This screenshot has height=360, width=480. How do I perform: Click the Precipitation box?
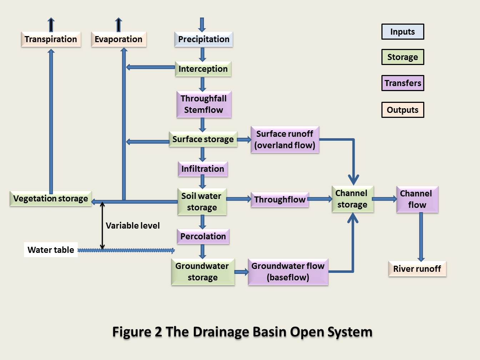pos(204,39)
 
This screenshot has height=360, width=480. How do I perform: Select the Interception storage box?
pos(203,69)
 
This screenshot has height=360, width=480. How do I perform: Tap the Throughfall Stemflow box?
pos(204,104)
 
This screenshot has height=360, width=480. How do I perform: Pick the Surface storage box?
pos(203,139)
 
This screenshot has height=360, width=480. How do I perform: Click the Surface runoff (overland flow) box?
pos(285,140)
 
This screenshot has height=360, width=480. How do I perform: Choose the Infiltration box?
pos(202,169)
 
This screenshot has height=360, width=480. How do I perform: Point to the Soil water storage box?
pos(202,202)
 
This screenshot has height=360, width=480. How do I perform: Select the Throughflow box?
pos(280,200)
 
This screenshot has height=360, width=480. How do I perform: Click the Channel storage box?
pos(352,199)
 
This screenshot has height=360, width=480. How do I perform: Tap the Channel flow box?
pos(417,199)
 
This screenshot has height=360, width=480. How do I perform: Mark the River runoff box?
pos(417,269)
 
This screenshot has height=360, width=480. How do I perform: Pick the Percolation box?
pos(203,236)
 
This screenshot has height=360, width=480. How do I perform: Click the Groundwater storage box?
pos(202,272)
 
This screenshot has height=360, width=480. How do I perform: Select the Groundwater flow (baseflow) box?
pos(288,272)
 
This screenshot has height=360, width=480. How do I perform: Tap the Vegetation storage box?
pos(50,199)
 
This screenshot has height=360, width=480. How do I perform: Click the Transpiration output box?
pos(51,39)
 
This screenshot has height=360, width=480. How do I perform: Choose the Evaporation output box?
pos(118,39)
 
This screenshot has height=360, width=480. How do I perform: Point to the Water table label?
pos(51,250)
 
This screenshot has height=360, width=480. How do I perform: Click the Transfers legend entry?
pos(402,83)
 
